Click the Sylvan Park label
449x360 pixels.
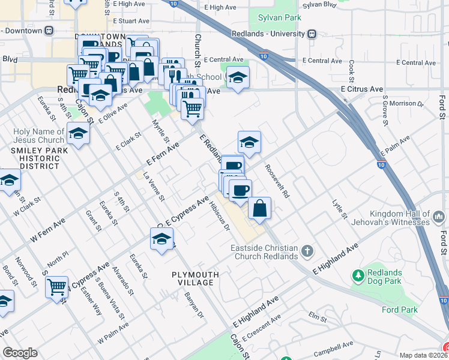pyautogui.click(x=279, y=18)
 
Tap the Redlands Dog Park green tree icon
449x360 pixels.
pyautogui.click(x=359, y=276)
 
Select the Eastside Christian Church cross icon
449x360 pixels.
pyautogui.click(x=307, y=250)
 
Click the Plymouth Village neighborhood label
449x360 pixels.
pyautogui.click(x=193, y=278)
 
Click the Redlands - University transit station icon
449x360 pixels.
pyautogui.click(x=312, y=34)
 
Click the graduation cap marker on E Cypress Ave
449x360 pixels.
pyautogui.click(x=161, y=239)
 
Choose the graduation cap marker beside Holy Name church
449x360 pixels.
pyautogui.click(x=78, y=133)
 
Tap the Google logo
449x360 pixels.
pyautogui.click(x=20, y=353)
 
